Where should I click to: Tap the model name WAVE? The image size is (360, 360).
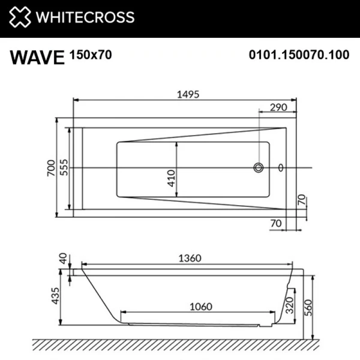[37, 56]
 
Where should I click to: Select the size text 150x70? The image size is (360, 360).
[91, 55]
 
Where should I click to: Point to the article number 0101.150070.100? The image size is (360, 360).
[298, 55]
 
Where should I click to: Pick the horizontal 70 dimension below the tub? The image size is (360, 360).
[276, 224]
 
